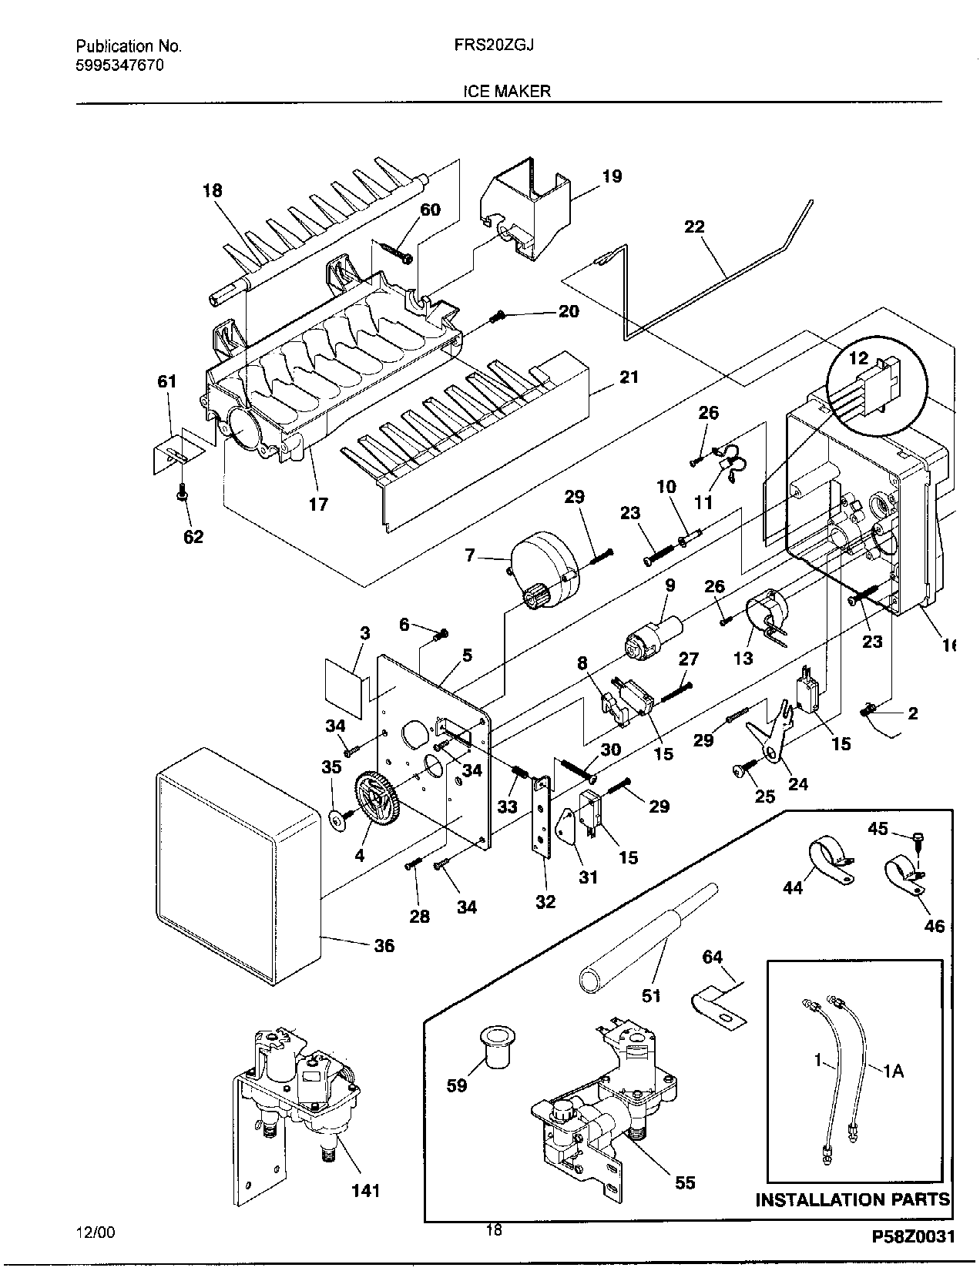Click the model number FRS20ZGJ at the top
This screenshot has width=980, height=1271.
[494, 45]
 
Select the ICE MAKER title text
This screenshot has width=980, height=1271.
[507, 91]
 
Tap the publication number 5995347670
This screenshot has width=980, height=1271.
[120, 65]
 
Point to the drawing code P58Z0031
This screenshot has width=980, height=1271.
[913, 1237]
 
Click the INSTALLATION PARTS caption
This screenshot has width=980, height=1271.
[853, 1199]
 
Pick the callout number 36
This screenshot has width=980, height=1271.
[384, 945]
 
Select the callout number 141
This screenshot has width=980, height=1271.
[365, 1190]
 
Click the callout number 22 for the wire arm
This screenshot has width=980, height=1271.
[695, 226]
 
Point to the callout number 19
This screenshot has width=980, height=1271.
[612, 176]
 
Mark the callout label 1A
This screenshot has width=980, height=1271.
[893, 1071]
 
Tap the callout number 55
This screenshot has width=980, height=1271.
[685, 1182]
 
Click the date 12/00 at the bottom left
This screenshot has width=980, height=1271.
[96, 1232]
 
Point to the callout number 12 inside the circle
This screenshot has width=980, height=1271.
[858, 357]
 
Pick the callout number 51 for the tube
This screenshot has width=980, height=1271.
[651, 995]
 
